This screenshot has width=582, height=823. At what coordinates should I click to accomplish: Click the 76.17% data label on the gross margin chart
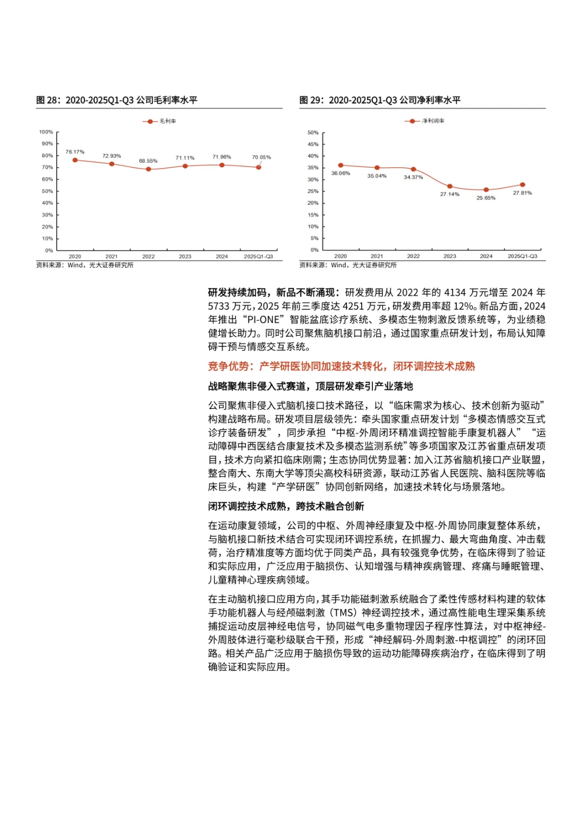(75, 152)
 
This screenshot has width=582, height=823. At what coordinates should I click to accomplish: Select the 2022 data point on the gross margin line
(148, 169)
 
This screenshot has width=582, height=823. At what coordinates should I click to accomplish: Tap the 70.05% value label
(261, 157)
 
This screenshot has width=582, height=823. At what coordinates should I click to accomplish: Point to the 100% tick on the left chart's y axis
(46, 132)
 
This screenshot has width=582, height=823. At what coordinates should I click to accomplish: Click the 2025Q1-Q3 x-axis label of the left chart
(258, 257)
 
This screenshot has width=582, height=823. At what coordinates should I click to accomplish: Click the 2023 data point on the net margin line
(449, 186)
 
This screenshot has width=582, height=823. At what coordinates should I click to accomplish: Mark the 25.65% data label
(486, 198)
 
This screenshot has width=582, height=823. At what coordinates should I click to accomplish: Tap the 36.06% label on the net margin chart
(341, 173)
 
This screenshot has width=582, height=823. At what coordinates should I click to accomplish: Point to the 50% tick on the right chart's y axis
(313, 133)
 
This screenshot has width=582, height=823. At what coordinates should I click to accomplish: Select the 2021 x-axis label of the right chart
(377, 257)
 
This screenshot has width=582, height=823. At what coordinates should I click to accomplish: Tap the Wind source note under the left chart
(85, 265)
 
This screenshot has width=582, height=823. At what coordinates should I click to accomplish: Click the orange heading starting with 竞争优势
(341, 366)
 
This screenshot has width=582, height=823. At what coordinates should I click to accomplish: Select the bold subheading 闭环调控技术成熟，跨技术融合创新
(286, 506)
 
